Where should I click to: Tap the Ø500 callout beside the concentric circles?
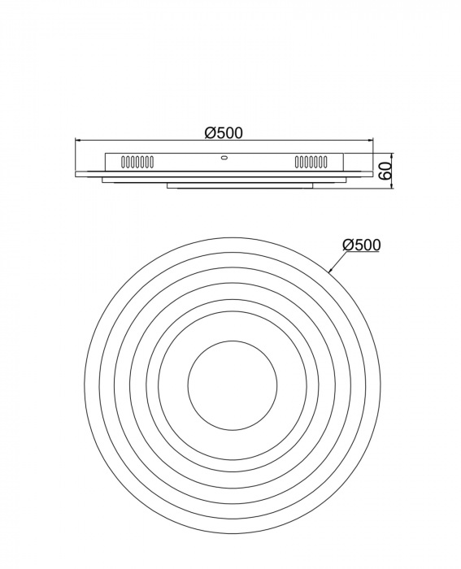[x=362, y=244]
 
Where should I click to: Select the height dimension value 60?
[x=386, y=172]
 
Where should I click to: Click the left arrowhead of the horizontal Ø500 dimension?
[x=79, y=140]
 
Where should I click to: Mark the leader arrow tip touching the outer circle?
[x=329, y=269]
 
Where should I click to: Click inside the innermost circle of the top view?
[x=232, y=384]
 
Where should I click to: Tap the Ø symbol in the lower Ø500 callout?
[x=348, y=244]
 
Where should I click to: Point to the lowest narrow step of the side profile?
[x=240, y=188]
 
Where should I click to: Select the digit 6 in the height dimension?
[x=386, y=176]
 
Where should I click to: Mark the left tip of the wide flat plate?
[x=76, y=174]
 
